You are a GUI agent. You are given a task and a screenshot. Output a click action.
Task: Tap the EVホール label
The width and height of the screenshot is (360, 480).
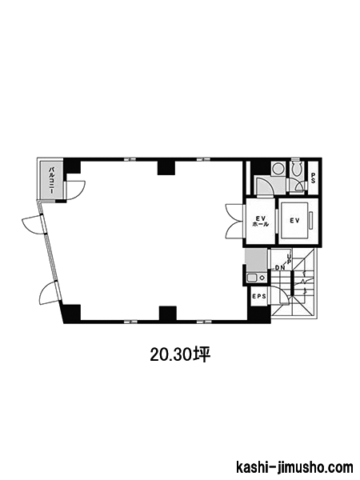point(261,221)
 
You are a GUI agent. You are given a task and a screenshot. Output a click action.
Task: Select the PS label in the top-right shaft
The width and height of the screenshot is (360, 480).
point(313,178)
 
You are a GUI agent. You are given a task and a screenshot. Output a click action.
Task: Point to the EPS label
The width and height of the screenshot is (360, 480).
point(259,296)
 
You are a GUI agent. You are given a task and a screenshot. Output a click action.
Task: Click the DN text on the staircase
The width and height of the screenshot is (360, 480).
point(279,267)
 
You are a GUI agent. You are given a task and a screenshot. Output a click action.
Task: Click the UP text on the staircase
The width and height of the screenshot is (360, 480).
point(288,258)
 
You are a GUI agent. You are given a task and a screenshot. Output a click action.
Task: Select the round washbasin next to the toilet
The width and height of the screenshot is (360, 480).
point(278,169)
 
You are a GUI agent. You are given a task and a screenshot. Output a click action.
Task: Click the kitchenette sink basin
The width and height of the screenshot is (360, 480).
point(252,278)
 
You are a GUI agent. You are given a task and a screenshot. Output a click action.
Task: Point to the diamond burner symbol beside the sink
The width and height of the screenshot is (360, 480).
point(262,278)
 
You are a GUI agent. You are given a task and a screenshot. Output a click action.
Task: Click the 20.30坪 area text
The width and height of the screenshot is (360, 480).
point(180,355)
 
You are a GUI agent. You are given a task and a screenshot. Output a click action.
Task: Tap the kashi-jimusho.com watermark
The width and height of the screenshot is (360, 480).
point(294,467)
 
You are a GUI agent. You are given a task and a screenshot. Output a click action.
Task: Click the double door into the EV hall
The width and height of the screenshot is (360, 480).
point(235,222)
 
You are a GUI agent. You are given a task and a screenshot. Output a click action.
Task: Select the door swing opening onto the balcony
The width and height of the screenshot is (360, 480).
point(75,190)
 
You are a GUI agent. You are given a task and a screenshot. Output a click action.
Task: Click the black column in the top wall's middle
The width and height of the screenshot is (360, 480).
point(166,168)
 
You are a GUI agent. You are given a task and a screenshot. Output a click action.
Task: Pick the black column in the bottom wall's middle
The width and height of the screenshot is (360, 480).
point(168,313)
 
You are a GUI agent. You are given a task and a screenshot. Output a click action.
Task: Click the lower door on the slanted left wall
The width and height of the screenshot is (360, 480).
point(50,293)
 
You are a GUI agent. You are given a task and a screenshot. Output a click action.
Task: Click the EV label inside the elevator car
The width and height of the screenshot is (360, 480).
point(294,221)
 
